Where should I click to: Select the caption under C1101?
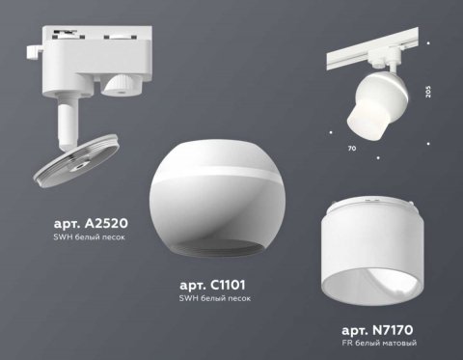tap(214, 301)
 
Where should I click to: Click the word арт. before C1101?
tap(193, 287)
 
